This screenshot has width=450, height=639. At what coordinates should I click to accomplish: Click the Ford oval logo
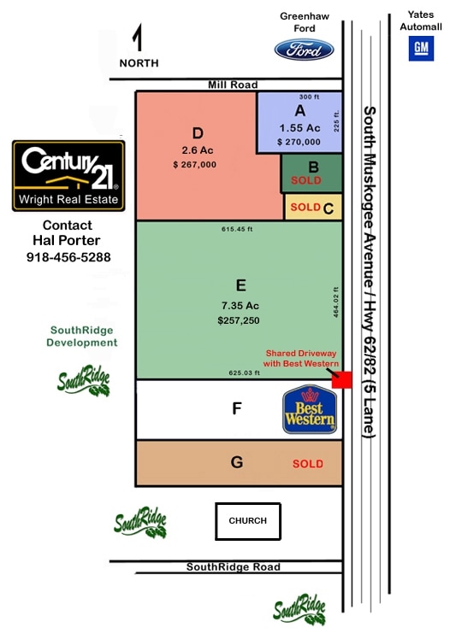pyautogui.click(x=304, y=50)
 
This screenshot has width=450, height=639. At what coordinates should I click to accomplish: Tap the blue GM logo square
pyautogui.click(x=421, y=48)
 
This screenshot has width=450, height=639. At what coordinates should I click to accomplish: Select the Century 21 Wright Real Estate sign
pyautogui.click(x=68, y=176)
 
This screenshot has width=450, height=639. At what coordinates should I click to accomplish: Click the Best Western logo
pyautogui.click(x=310, y=409)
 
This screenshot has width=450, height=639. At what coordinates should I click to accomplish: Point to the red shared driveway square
pyautogui.click(x=342, y=380)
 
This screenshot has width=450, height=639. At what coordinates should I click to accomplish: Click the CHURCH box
pyautogui.click(x=248, y=521)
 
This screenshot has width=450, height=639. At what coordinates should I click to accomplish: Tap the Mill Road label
pyautogui.click(x=233, y=85)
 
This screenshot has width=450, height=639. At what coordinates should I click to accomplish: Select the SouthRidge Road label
pyautogui.click(x=234, y=567)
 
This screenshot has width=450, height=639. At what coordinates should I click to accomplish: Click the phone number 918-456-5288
pyautogui.click(x=68, y=257)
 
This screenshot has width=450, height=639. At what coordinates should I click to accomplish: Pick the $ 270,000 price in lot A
pyautogui.click(x=299, y=142)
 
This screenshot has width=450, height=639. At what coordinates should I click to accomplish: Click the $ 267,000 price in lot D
pyautogui.click(x=194, y=165)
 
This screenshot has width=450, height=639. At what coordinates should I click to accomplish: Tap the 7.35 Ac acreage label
pyautogui.click(x=240, y=306)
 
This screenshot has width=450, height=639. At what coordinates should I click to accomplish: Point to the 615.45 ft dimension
pyautogui.click(x=237, y=229)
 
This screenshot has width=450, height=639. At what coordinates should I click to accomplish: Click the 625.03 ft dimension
pyautogui.click(x=244, y=372)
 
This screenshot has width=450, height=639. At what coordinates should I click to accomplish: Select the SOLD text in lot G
pyautogui.click(x=308, y=464)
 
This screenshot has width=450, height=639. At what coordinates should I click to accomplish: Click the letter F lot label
pyautogui.click(x=237, y=408)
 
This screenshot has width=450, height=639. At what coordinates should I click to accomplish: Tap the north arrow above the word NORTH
pyautogui.click(x=139, y=37)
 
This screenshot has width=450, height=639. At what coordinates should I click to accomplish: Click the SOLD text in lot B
pyautogui.click(x=306, y=180)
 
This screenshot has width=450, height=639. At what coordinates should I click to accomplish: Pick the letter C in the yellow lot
pyautogui.click(x=329, y=208)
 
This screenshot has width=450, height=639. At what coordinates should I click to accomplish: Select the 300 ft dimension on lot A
pyautogui.click(x=309, y=97)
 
